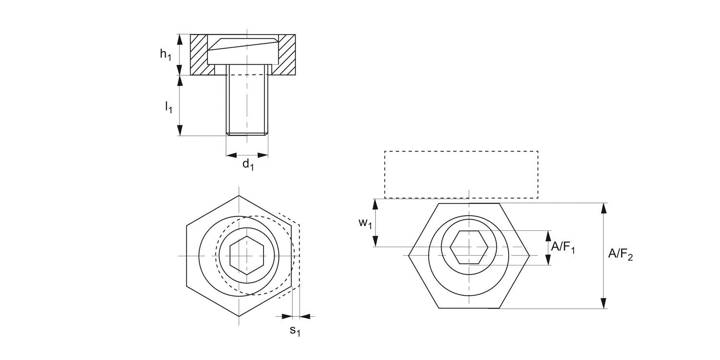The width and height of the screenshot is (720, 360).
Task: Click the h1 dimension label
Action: (x=166, y=54)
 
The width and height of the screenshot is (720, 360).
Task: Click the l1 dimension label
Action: (x=168, y=107)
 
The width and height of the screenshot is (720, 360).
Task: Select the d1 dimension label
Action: (x=248, y=165)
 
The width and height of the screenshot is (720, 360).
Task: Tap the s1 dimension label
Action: (x=295, y=331)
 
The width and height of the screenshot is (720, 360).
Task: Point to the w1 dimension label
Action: (x=365, y=223)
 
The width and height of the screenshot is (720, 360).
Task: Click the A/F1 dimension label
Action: (x=563, y=247)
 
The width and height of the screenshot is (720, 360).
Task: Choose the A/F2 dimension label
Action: (x=620, y=254)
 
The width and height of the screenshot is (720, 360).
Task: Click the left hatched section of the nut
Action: (x=199, y=55)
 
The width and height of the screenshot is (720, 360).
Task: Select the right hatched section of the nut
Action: (x=287, y=55)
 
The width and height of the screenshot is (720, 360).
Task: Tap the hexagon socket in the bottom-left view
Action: (x=247, y=255)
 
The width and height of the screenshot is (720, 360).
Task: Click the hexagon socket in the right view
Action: (x=469, y=247)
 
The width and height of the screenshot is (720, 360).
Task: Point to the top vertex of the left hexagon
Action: (x=239, y=196)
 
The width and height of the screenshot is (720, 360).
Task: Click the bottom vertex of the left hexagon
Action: (x=239, y=316)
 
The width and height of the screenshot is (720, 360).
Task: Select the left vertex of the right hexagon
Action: (x=409, y=255)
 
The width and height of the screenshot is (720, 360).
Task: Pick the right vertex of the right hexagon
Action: (x=529, y=255)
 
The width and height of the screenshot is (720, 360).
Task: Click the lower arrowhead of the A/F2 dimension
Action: (x=603, y=303)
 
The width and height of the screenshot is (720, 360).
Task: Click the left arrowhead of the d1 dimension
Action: (x=231, y=155)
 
